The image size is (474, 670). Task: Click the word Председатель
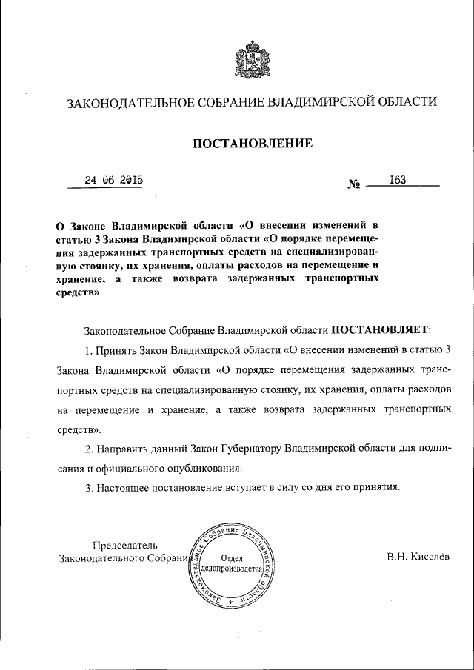pos(125,546)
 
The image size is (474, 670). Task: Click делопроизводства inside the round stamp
pos(233,572)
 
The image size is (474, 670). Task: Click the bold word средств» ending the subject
pos(78,292)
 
